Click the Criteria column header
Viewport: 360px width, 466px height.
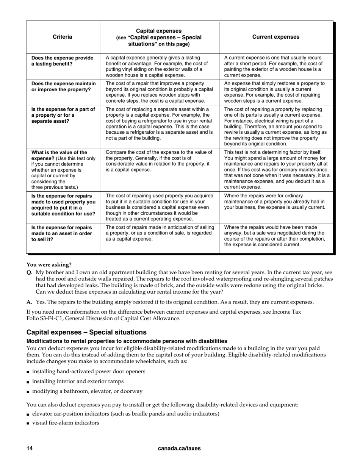pos(63,37)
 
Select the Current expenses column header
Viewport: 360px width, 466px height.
pos(275,37)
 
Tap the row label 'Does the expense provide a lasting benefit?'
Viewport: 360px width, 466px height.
pos(63,61)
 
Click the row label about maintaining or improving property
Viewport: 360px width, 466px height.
pos(63,86)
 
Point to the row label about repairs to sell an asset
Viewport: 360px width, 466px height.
pos(61,233)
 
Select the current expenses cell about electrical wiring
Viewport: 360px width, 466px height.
pos(275,127)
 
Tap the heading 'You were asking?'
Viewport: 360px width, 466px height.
pos(49,265)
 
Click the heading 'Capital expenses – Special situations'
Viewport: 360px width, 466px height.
pos(86,332)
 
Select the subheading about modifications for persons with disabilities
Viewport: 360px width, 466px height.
pos(127,341)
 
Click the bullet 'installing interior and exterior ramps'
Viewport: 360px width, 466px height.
pos(78,381)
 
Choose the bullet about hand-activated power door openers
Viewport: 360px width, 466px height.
pos(88,371)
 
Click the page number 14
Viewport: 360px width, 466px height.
pos(30,448)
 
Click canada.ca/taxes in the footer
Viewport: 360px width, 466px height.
pos(179,448)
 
